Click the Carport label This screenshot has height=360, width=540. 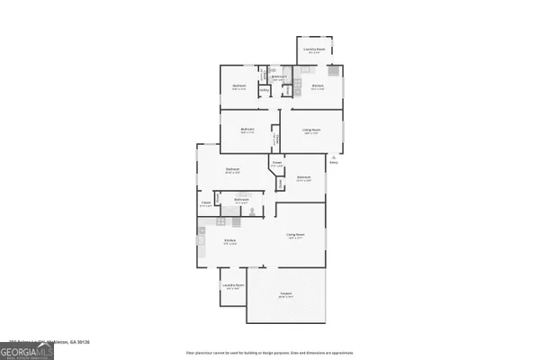285,293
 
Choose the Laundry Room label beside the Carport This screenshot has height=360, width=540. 232,285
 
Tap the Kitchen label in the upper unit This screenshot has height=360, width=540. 317,88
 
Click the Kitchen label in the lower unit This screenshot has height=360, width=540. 230,241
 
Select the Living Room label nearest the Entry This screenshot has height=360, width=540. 311,130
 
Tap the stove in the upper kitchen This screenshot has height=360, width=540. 334,71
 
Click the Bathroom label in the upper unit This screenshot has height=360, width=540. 280,77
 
